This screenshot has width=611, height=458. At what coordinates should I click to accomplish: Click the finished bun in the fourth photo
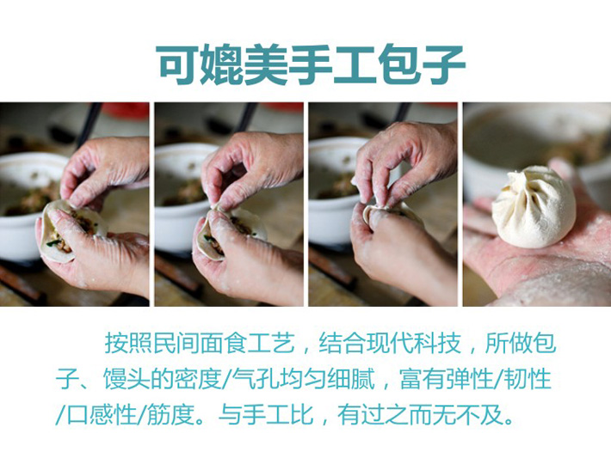tap(534, 206)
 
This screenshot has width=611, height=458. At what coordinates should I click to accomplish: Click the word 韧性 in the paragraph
tap(527, 380)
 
